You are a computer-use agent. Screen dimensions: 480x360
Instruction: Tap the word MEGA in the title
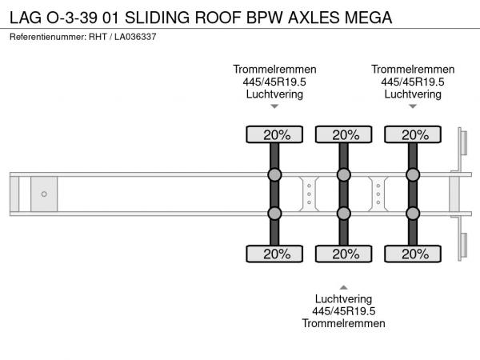pyautogui.click(x=368, y=18)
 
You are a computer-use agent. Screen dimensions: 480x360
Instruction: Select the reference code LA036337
pyautogui.click(x=135, y=37)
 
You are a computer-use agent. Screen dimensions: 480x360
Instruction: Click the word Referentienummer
pyautogui.click(x=48, y=37)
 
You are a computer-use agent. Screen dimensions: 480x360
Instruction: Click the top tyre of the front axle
pyautogui.click(x=274, y=134)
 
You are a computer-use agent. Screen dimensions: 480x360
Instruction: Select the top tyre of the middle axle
pyautogui.click(x=344, y=134)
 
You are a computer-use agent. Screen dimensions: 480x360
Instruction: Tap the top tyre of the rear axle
pyautogui.click(x=413, y=134)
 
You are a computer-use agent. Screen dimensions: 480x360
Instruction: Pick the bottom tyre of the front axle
pyautogui.click(x=274, y=254)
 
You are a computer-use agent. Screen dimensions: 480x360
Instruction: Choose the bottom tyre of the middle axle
pyautogui.click(x=344, y=254)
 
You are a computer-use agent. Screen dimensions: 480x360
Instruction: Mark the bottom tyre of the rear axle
pyautogui.click(x=413, y=254)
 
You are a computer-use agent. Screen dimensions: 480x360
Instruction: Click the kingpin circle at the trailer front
pyautogui.click(x=44, y=194)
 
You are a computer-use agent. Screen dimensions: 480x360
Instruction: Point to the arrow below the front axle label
pyautogui.click(x=274, y=106)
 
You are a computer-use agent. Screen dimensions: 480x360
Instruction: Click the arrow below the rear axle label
pyautogui.click(x=413, y=106)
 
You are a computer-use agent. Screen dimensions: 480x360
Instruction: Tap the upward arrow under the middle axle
pyautogui.click(x=344, y=287)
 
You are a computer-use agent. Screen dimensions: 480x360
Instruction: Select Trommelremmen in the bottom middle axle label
pyautogui.click(x=344, y=323)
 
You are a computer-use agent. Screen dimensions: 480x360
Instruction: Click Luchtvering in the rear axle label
pyautogui.click(x=413, y=94)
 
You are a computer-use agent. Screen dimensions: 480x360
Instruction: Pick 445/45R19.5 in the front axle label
pyautogui.click(x=274, y=82)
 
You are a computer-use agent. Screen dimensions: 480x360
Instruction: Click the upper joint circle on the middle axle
pyautogui.click(x=344, y=174)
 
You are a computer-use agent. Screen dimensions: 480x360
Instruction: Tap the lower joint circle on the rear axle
pyautogui.click(x=413, y=214)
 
